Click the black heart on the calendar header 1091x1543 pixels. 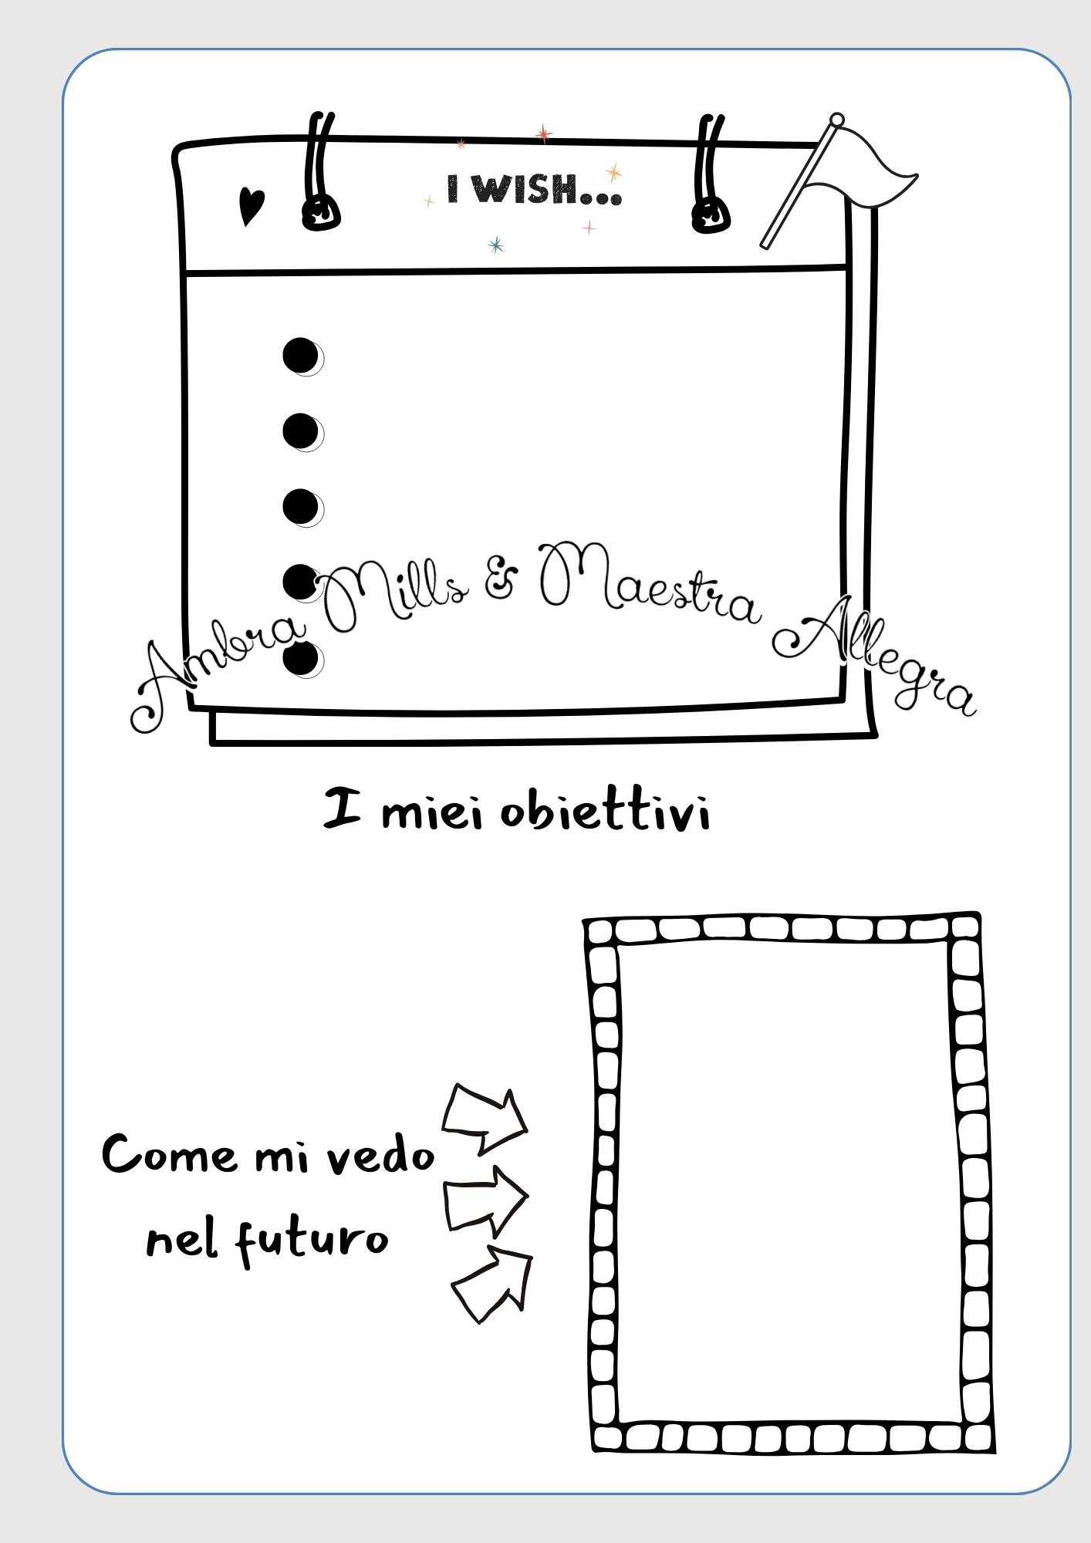tap(251, 206)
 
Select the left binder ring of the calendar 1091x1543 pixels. tap(319, 174)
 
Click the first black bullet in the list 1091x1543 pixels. tap(302, 356)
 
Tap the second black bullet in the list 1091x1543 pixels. tap(302, 431)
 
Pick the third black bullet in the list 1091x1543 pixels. tap(302, 508)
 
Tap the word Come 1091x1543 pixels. tap(169, 1155)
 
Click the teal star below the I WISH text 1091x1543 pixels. tap(496, 245)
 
